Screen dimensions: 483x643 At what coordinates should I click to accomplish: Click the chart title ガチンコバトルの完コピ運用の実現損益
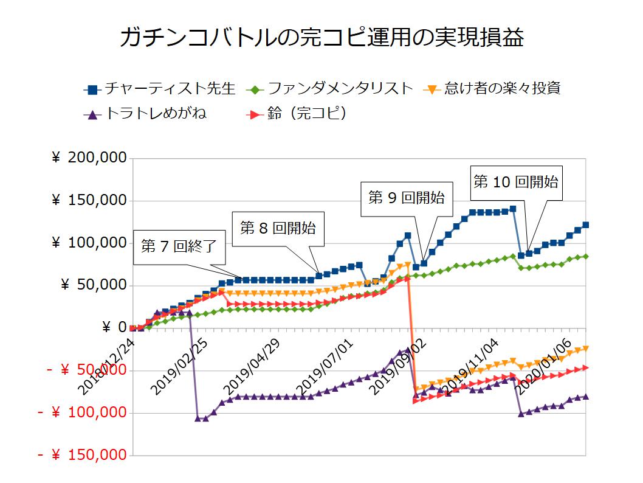pyautogui.click(x=321, y=38)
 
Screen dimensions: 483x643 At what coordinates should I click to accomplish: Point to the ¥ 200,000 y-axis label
pyautogui.click(x=90, y=158)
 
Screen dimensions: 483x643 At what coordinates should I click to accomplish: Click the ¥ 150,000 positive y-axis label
pyautogui.click(x=90, y=201)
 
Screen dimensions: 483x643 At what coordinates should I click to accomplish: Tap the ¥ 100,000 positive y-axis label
pyautogui.click(x=90, y=243)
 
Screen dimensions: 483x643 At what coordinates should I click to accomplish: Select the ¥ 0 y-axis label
pyautogui.click(x=110, y=328)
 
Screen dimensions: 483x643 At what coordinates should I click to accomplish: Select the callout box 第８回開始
pyautogui.click(x=278, y=229)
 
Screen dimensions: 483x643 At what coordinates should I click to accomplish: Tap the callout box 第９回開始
pyautogui.click(x=406, y=198)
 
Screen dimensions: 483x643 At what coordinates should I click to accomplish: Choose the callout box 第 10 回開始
pyautogui.click(x=515, y=182)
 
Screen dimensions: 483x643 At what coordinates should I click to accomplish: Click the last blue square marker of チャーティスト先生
pyautogui.click(x=586, y=225)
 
